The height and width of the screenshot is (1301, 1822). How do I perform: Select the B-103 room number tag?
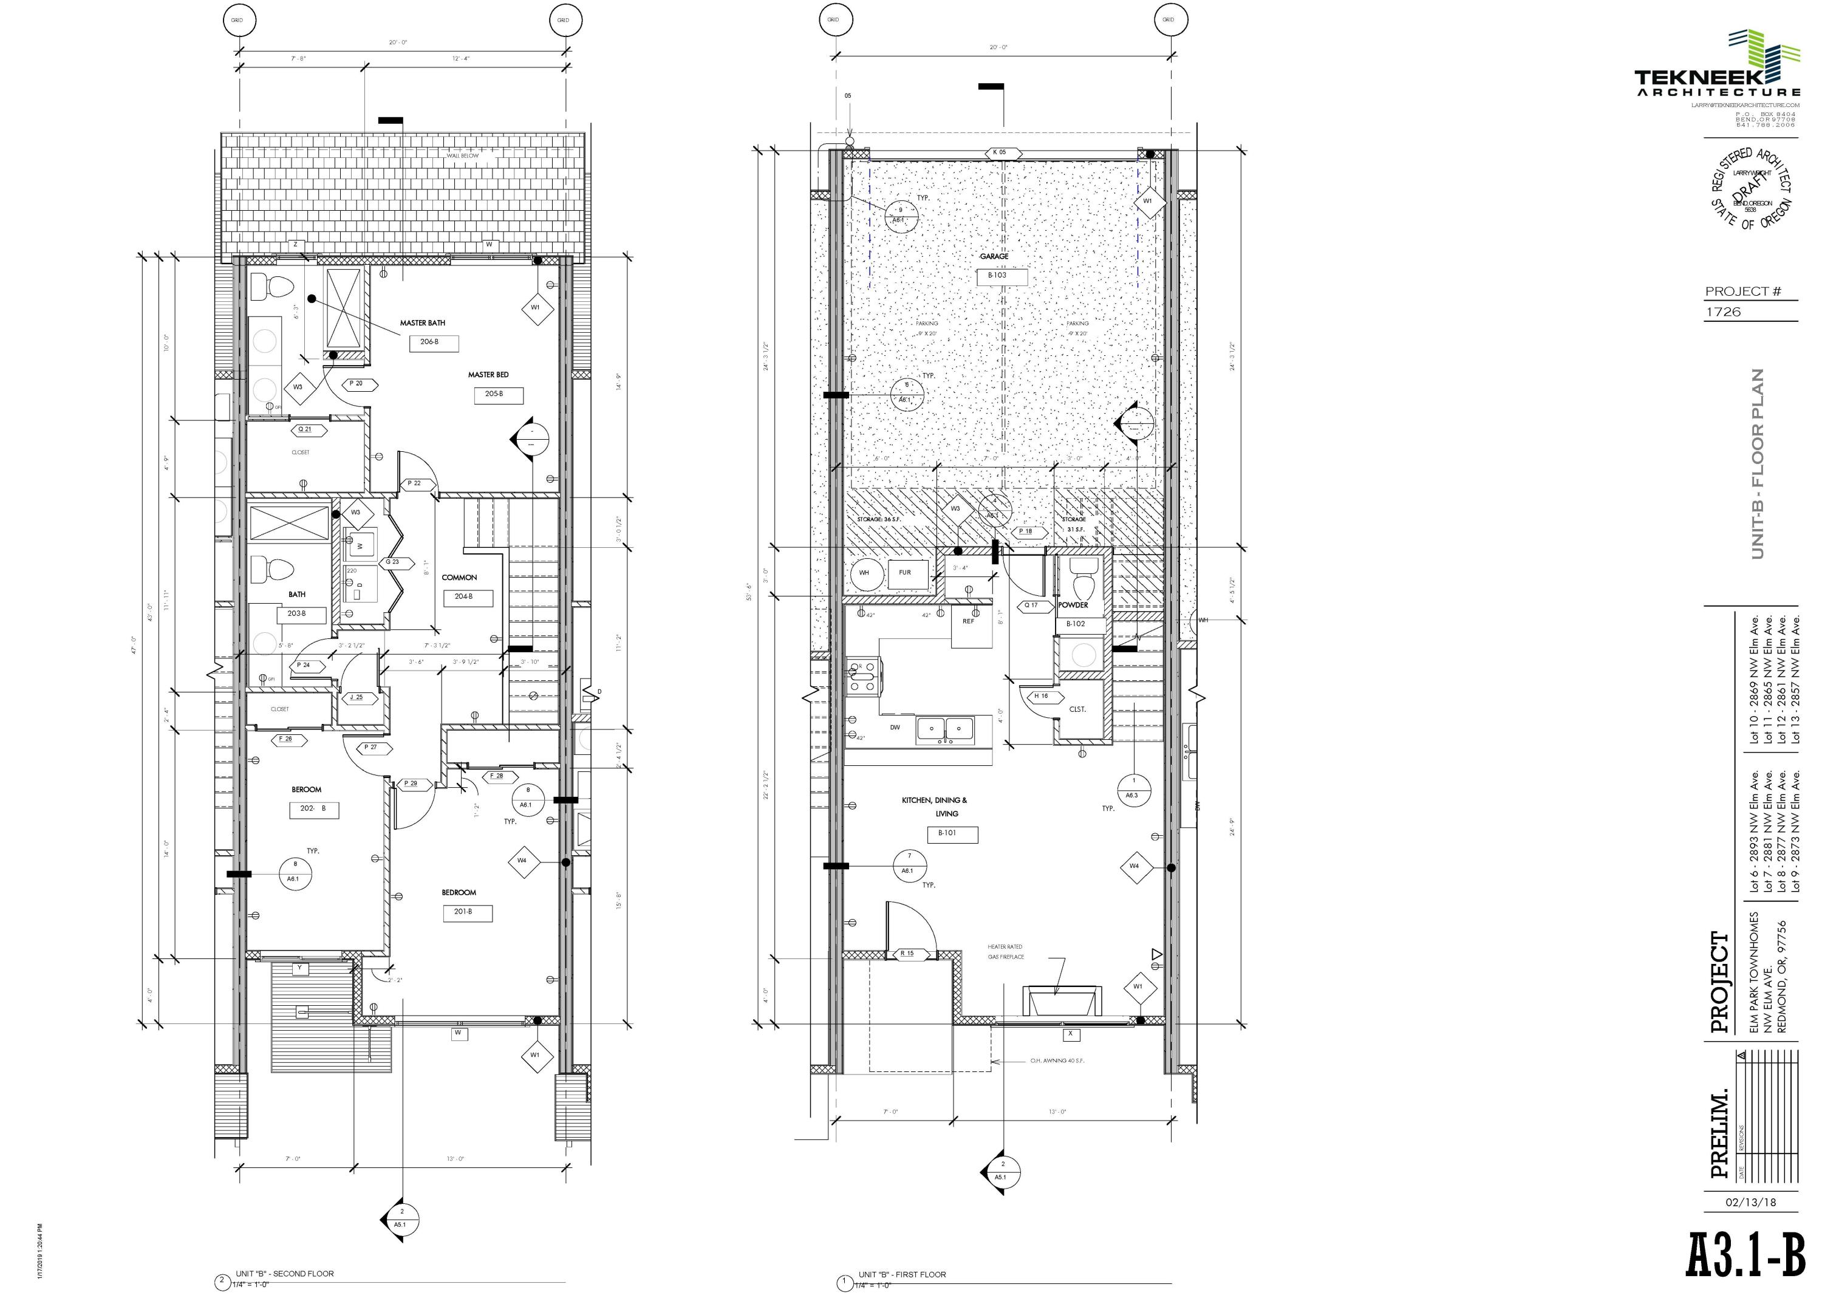[997, 276]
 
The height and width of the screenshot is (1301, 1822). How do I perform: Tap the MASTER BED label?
[488, 375]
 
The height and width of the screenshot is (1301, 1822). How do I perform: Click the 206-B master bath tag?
[429, 342]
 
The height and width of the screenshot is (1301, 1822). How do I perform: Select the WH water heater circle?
[864, 573]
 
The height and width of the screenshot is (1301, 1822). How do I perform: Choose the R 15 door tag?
[907, 954]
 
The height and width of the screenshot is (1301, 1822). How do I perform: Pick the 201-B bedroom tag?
[463, 912]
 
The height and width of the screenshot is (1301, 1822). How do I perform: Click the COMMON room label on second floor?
[459, 578]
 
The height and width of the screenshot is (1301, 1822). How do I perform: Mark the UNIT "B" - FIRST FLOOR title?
[902, 1274]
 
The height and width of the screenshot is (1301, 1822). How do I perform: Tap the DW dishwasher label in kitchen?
[895, 728]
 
